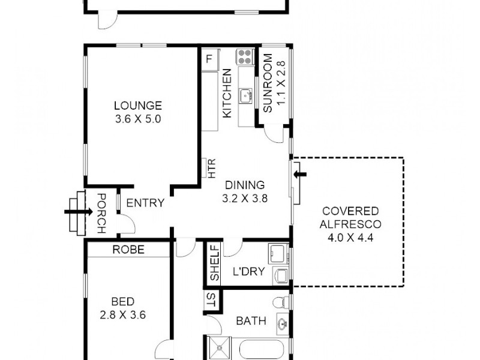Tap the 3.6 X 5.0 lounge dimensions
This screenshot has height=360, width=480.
point(138,119)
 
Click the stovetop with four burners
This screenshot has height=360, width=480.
point(245,57)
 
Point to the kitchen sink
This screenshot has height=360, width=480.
point(245,95)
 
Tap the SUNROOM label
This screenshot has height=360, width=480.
point(268,83)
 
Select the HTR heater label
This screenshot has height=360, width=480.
point(211,169)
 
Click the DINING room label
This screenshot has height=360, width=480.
point(244,185)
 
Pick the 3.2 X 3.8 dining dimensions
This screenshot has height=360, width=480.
point(244,198)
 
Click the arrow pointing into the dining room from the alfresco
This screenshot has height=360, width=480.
point(300,174)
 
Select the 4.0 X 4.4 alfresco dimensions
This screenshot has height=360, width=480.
point(350,236)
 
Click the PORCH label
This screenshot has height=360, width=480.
point(101,213)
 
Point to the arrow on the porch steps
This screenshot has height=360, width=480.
point(73,211)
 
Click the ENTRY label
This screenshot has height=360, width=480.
point(145,203)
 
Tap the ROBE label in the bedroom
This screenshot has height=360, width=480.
point(128,250)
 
